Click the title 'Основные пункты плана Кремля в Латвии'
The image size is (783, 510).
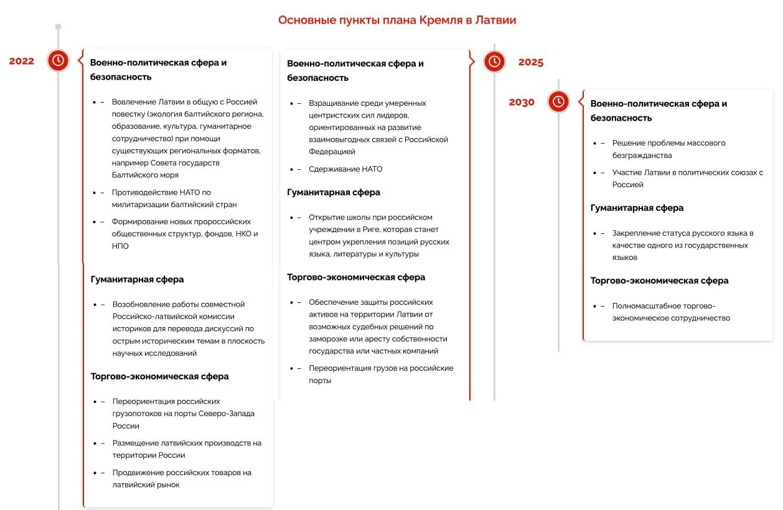pos(396,20)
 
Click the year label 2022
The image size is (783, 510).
pos(22,61)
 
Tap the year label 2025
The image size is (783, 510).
pos(530,62)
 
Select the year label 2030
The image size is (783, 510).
pos(522,103)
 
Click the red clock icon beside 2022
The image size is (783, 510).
pos(58,60)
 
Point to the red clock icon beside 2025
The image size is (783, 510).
pos(494,62)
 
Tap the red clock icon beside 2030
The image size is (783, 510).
pos(558,101)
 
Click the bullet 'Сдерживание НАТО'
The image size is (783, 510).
pos(345,169)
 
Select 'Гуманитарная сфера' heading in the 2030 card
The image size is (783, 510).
pos(637,208)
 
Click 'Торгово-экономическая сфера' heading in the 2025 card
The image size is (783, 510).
pos(356,277)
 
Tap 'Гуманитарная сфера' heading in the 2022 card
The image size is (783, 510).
pos(137,279)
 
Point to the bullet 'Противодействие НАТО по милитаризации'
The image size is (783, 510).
pos(174,198)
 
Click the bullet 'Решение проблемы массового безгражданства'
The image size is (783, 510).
pos(668,149)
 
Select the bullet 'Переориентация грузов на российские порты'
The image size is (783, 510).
pos(381,374)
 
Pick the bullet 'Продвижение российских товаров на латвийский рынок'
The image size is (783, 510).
pos(182,479)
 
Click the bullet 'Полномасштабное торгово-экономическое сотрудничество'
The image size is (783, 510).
pos(670,312)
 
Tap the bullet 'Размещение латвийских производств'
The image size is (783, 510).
pos(187,449)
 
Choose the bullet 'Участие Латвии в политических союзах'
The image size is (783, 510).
pos(687,178)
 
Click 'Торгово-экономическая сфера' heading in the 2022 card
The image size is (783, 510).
pos(159,376)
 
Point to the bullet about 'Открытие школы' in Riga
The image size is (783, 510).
pos(378,236)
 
